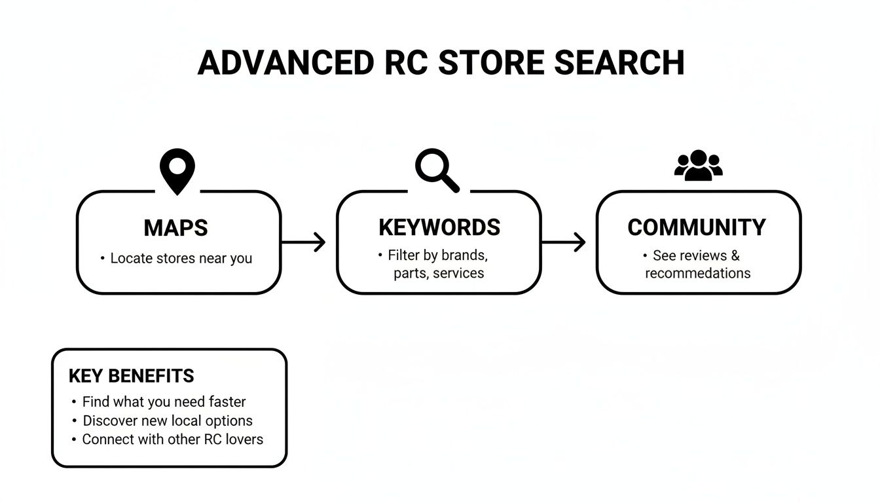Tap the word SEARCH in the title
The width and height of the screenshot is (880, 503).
pos(619,63)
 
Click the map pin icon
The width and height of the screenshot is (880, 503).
pos(177,171)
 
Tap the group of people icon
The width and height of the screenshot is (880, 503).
pos(698,166)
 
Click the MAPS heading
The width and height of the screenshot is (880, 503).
pos(175,228)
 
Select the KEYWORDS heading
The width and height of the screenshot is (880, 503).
pos(439,227)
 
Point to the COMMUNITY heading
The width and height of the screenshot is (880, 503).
pos(697,227)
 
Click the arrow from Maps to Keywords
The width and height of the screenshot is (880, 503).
pos(304,242)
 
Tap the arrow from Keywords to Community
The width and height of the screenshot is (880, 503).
pos(564,242)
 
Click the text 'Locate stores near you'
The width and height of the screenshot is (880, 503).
pos(181,258)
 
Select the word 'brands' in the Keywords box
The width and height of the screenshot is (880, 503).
pos(464,255)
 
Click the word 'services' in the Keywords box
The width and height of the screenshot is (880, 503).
pos(458,273)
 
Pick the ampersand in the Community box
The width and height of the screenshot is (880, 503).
pos(735,255)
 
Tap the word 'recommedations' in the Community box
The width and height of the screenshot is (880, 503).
pos(697,273)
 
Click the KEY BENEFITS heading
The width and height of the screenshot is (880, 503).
pos(131,376)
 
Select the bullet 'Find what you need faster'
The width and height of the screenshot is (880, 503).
pos(164,401)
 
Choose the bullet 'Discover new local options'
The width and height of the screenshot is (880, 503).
pos(167,420)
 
